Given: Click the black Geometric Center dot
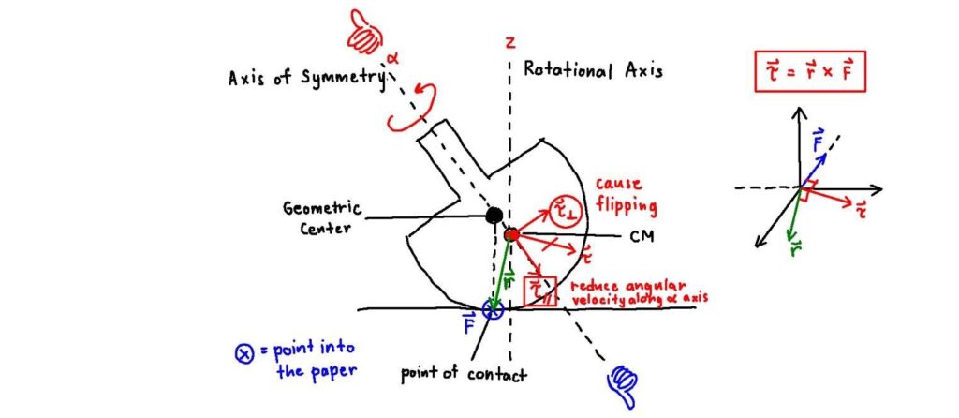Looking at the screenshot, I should tap(494, 216).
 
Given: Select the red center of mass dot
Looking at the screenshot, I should tap(511, 233).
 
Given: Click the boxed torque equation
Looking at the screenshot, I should tap(810, 70).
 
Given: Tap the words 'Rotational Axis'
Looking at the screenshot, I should tap(592, 70).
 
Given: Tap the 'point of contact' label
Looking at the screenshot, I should tap(464, 374).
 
